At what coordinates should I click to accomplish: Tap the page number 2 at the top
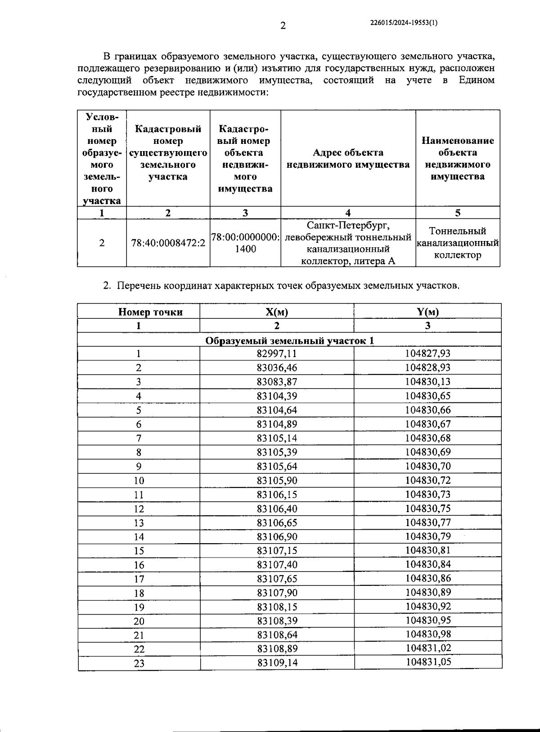pyautogui.click(x=283, y=26)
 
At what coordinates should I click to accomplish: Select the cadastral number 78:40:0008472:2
pyautogui.click(x=168, y=243)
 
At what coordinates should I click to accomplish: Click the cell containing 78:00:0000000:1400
pyautogui.click(x=245, y=243)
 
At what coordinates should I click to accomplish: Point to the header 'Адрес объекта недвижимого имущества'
pyautogui.click(x=348, y=159)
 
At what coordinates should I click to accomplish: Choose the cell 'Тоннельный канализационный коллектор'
pyautogui.click(x=458, y=243)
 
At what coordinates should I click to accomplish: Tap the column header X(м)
pyautogui.click(x=277, y=312)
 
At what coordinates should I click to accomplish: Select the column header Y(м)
pyautogui.click(x=427, y=312)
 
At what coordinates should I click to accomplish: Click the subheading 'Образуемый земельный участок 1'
pyautogui.click(x=289, y=340)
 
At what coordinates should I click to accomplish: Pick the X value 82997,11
pyautogui.click(x=277, y=354)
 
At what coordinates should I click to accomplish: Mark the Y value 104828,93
pyautogui.click(x=427, y=368)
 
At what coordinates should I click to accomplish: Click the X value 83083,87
pyautogui.click(x=277, y=382)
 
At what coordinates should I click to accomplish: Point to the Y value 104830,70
pyautogui.click(x=427, y=466)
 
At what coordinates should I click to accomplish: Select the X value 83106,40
pyautogui.click(x=277, y=509)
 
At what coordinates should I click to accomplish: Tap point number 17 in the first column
pyautogui.click(x=139, y=579)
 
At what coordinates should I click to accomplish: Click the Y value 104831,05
pyautogui.click(x=428, y=662)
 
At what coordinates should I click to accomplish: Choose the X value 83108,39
pyautogui.click(x=277, y=621)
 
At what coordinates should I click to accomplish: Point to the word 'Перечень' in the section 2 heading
pyautogui.click(x=139, y=286)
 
